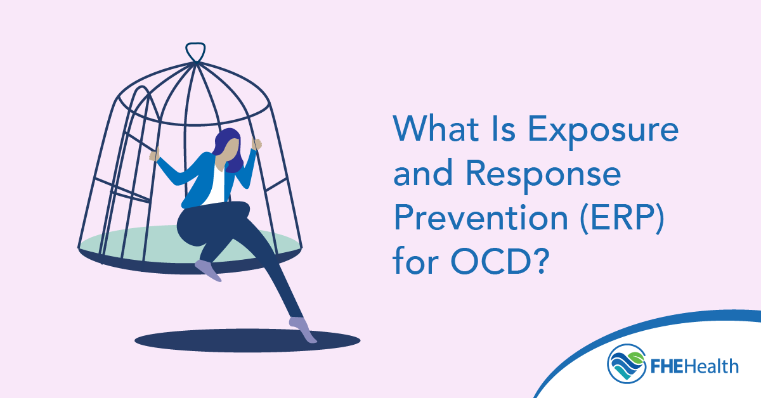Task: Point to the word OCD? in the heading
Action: point(494,259)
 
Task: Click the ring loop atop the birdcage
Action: point(195,51)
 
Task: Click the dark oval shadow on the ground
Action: point(247,342)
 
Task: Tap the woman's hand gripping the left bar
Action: point(154,155)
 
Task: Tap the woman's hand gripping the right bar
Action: point(256,144)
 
